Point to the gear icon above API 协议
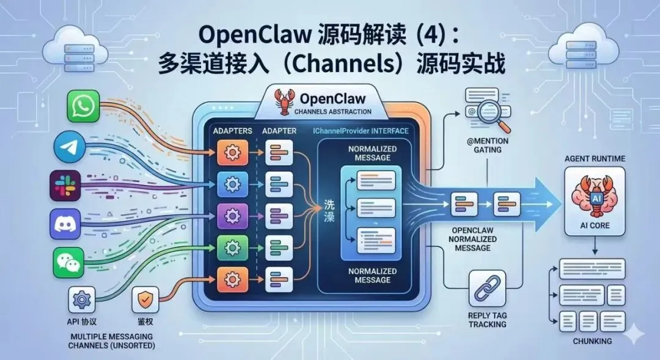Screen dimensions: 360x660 [x=82, y=300]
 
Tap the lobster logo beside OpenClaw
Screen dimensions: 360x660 [x=285, y=102]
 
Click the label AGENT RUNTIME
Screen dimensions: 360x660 [x=595, y=158]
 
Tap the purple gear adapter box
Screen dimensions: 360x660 [x=232, y=216]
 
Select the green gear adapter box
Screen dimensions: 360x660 [x=232, y=248]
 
